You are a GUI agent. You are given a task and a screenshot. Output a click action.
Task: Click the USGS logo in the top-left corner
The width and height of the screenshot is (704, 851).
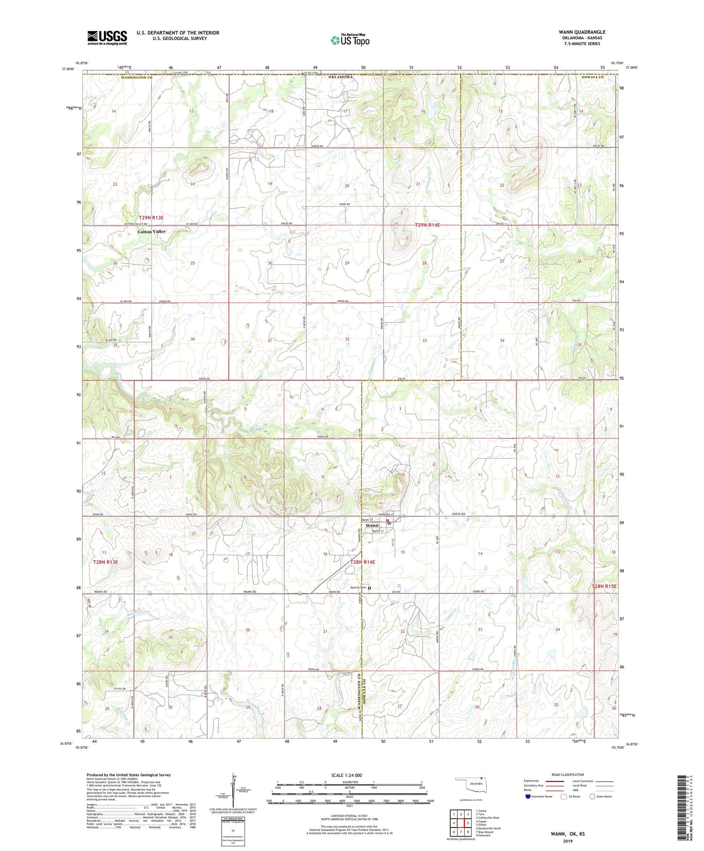click(107, 38)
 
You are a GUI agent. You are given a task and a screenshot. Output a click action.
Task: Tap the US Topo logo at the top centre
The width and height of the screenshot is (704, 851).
click(350, 40)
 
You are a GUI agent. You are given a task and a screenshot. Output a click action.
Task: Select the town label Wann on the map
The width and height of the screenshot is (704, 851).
click(372, 525)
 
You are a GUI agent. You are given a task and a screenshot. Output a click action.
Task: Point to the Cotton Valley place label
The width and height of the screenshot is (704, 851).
click(152, 232)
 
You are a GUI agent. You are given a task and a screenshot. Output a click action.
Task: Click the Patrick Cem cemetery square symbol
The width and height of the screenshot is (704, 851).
click(369, 588)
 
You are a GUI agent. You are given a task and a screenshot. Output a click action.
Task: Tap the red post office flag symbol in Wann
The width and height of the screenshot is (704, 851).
click(388, 521)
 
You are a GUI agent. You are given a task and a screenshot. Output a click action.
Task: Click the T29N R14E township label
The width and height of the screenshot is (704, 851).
click(427, 225)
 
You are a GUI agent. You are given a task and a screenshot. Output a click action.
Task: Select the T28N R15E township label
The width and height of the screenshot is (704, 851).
click(604, 587)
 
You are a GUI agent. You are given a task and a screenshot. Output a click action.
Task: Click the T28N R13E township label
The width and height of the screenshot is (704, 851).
click(105, 562)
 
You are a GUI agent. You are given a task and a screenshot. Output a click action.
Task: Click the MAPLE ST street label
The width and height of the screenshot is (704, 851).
click(378, 531)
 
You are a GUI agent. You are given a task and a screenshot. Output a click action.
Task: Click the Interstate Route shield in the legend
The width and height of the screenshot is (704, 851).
click(528, 797)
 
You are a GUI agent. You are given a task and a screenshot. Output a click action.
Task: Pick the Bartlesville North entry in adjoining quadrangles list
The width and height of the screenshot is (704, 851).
click(488, 828)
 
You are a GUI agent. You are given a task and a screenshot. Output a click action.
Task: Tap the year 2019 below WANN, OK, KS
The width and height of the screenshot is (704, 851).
click(567, 842)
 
